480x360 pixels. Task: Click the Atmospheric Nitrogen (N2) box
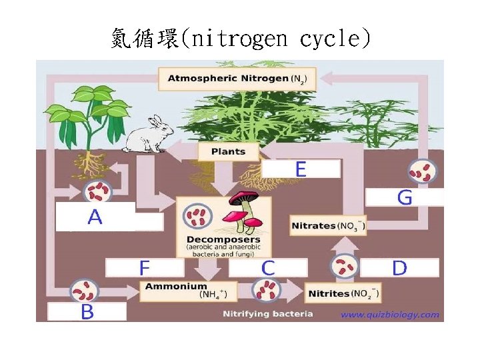point(237,79)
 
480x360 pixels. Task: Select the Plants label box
point(228,151)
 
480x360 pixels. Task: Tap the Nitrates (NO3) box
point(328,225)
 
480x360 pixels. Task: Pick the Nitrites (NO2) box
point(343,293)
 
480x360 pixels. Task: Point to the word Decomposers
point(223,239)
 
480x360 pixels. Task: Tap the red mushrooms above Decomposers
point(242,207)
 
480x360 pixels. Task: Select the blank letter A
point(95,217)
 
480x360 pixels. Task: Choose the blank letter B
point(87,311)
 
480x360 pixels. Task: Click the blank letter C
point(268,268)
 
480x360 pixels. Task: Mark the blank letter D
point(399,268)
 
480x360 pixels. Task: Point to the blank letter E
point(301,169)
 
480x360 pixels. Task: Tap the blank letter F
point(144,268)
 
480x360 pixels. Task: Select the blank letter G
point(405,197)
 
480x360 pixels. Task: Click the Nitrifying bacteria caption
point(267,313)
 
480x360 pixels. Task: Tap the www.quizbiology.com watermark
point(390,315)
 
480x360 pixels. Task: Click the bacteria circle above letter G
point(423,172)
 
